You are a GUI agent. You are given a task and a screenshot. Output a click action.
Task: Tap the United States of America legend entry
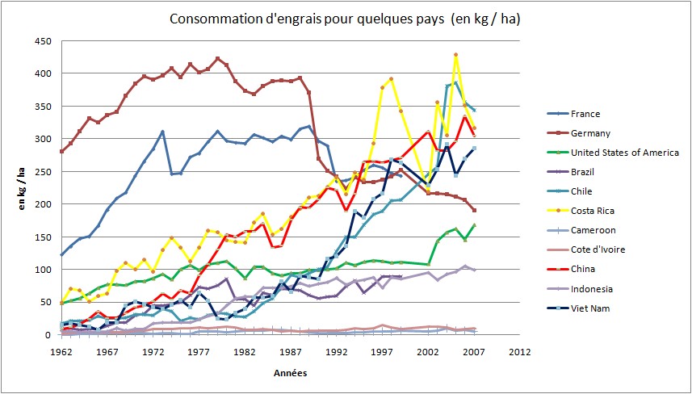[x=626, y=153]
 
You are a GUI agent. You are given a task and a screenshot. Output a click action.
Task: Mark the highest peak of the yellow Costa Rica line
[x=456, y=55]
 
